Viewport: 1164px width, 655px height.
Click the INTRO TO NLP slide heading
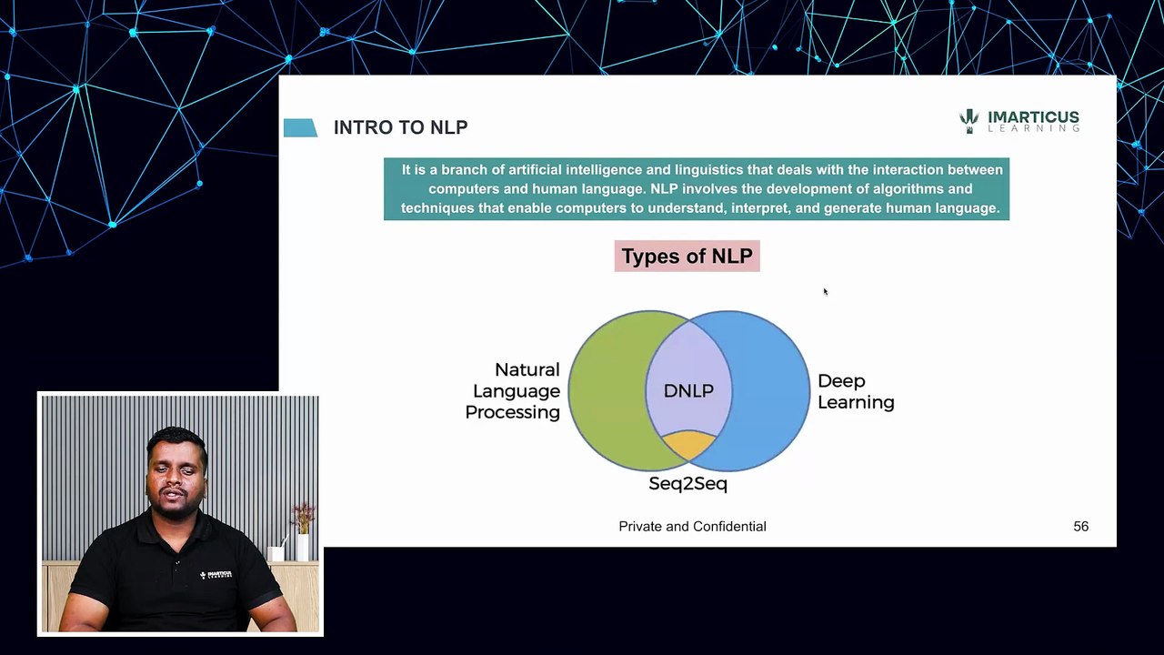(x=400, y=127)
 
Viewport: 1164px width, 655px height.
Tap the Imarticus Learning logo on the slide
(x=1019, y=121)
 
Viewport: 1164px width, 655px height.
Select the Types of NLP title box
(x=687, y=257)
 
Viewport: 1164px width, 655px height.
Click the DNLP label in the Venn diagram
(x=688, y=390)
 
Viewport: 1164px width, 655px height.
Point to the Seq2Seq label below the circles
(x=687, y=484)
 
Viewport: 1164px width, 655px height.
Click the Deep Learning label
(x=856, y=391)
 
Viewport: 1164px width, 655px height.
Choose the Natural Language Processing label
(x=513, y=391)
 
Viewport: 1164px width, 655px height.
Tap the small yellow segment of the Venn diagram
(x=688, y=445)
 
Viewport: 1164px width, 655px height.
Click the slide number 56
(x=1080, y=527)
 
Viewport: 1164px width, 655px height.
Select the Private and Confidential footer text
(x=692, y=527)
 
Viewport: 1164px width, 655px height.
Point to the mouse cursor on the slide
(x=825, y=291)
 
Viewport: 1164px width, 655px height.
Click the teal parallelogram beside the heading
(x=300, y=128)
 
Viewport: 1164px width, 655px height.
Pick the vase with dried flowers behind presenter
(x=303, y=532)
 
